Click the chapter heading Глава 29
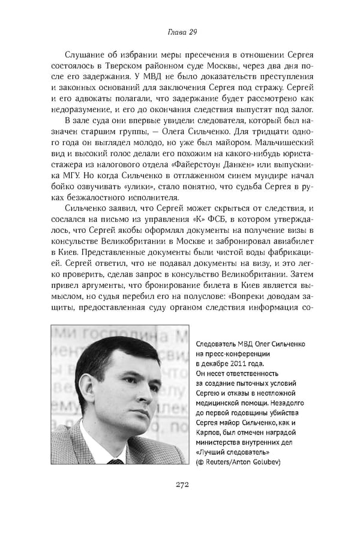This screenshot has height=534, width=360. point(179,31)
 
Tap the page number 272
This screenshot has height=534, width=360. point(179,485)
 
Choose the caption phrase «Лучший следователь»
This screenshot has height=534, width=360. point(232,452)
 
